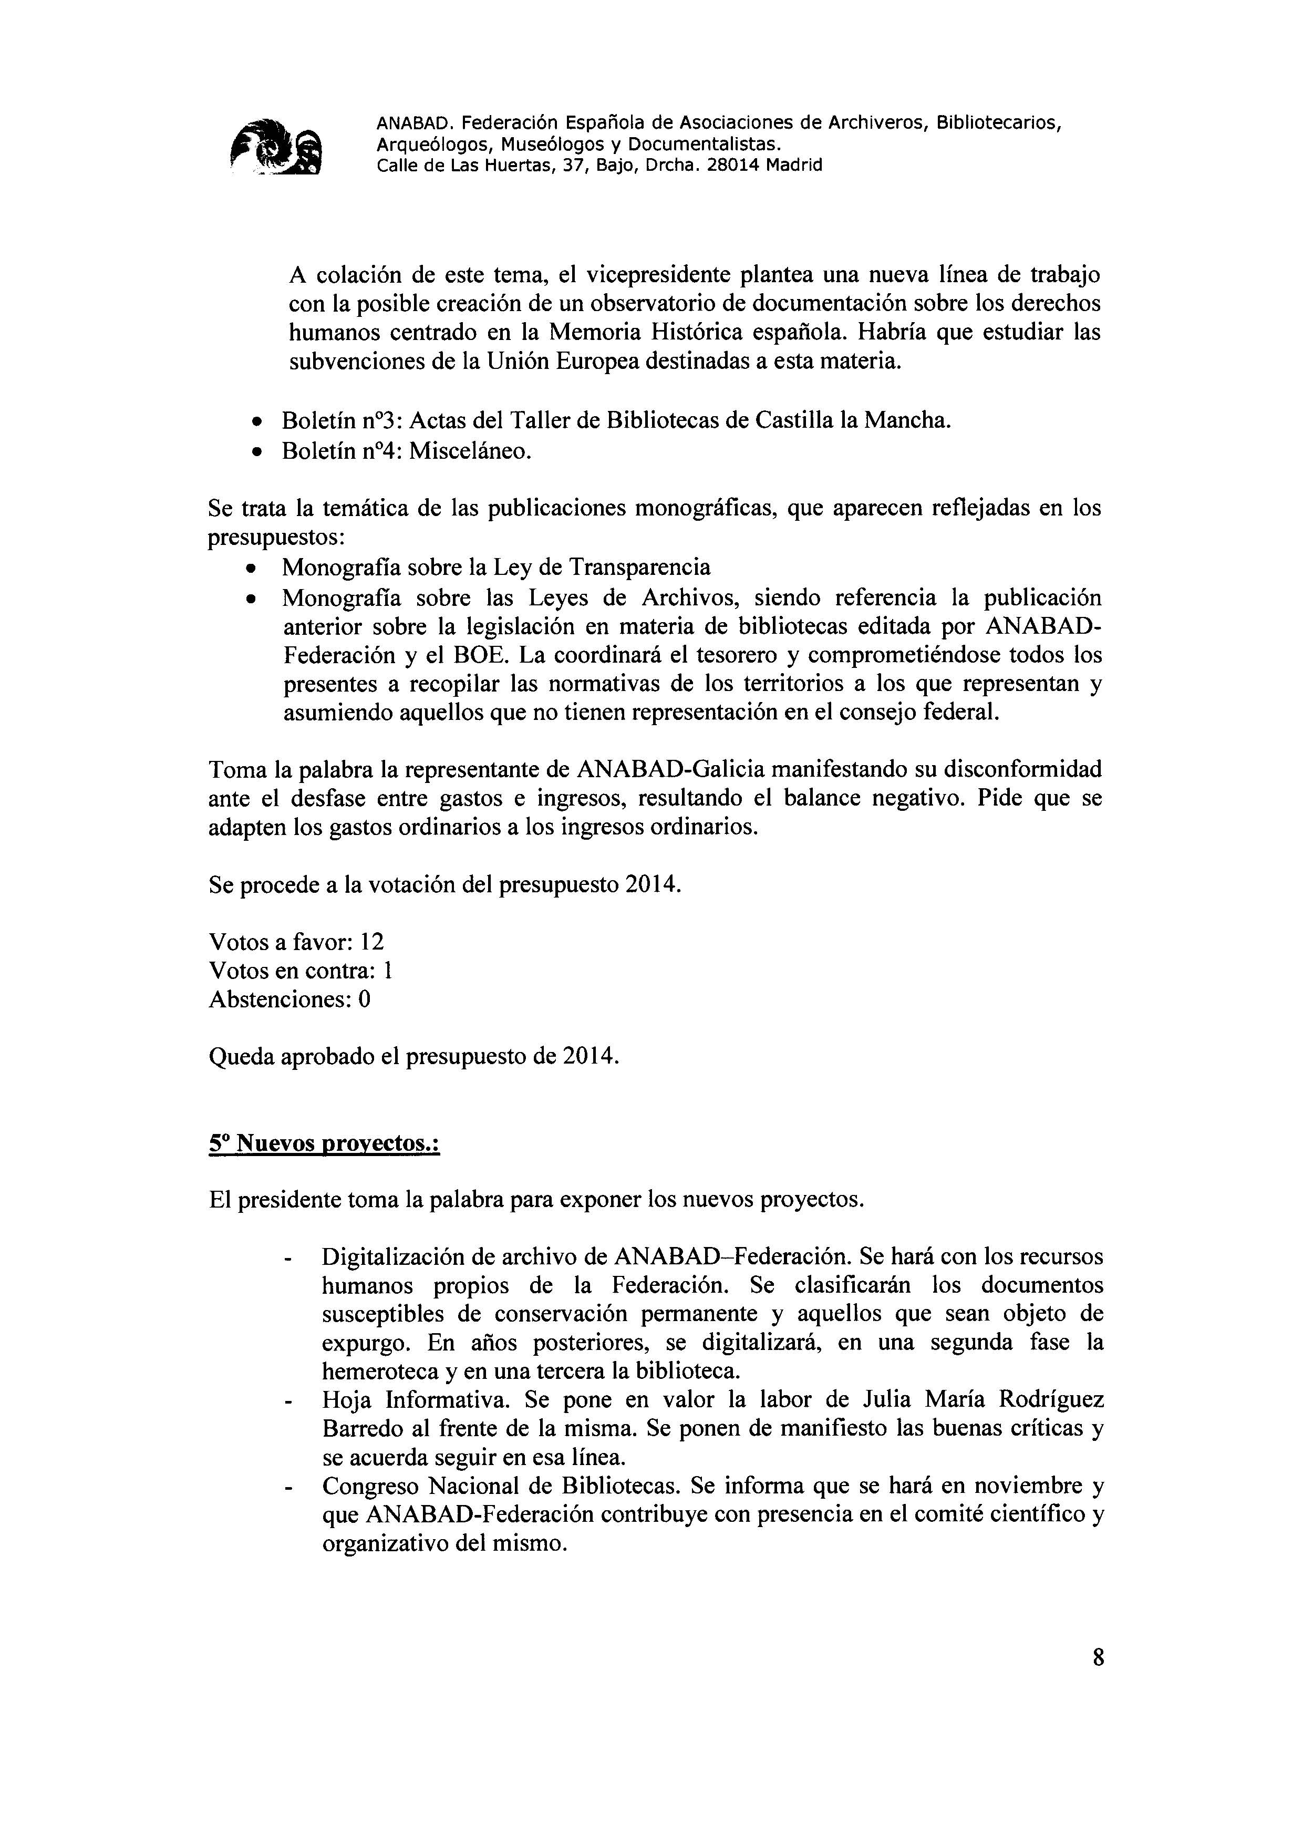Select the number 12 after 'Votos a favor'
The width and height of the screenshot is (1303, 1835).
[371, 941]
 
